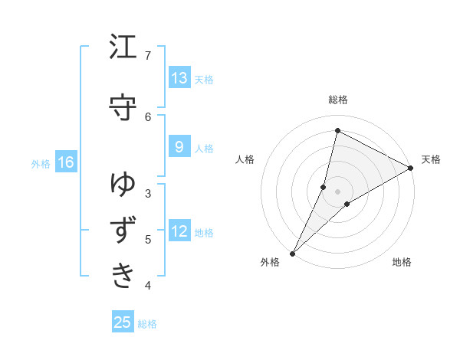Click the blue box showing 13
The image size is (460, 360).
click(179, 78)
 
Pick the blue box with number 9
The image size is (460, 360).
click(179, 147)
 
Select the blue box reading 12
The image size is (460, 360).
click(179, 231)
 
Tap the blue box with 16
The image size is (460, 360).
click(66, 162)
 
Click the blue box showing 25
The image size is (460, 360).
click(123, 322)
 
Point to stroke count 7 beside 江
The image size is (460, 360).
click(148, 56)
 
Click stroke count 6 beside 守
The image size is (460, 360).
click(148, 116)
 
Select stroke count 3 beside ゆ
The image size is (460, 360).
click(148, 193)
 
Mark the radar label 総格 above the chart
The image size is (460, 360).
click(338, 100)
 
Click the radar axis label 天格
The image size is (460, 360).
click(431, 159)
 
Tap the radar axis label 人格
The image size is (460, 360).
click(245, 159)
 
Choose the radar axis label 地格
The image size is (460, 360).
click(402, 262)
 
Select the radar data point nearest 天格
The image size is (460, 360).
click(411, 168)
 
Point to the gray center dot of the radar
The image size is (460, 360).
click(338, 191)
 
